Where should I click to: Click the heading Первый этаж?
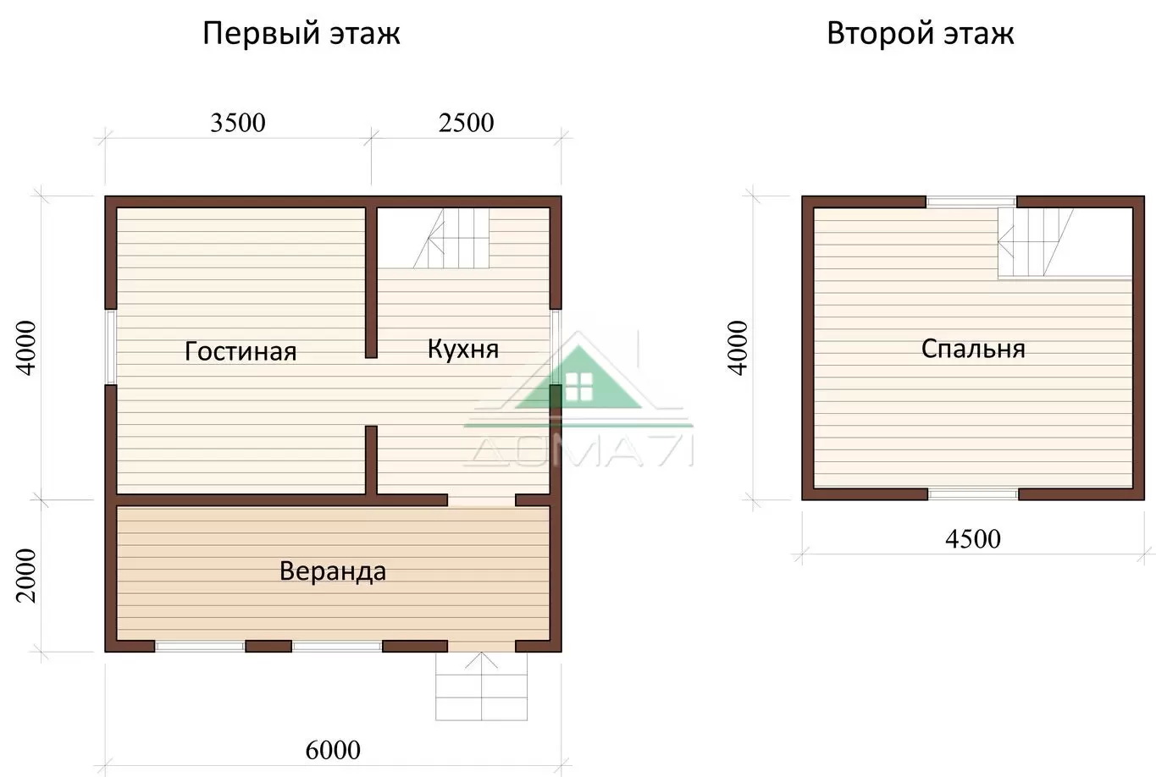pos(301,34)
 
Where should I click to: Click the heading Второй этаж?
pos(921,34)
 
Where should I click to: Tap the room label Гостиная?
pos(241,351)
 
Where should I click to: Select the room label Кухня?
pos(463,349)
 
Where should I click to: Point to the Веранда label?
pos(333,571)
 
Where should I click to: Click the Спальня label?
pos(973,350)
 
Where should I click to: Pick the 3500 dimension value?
pos(238,123)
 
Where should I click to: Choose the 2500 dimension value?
pos(466,123)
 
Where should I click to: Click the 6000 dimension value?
pos(333,750)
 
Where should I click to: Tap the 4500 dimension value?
pos(973,539)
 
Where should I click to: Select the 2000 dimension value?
pos(26,576)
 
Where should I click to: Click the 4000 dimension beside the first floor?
pos(26,348)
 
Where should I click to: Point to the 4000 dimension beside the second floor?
pos(738,348)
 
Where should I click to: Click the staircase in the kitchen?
pos(451,238)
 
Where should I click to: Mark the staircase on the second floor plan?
pos(1035,242)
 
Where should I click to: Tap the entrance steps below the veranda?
pos(482,686)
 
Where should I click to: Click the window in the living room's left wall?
pos(110,347)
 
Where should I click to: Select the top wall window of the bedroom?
pos(971,201)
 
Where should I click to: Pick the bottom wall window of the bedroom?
pos(973,494)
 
